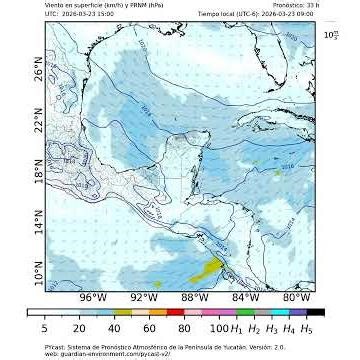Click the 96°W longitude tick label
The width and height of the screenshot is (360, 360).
(x=93, y=297)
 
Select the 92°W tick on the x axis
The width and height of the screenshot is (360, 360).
(x=144, y=297)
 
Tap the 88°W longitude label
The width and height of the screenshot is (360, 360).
(x=195, y=297)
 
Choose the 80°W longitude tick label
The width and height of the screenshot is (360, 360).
(x=296, y=297)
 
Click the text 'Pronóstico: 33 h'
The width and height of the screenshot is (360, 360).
(x=299, y=5)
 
